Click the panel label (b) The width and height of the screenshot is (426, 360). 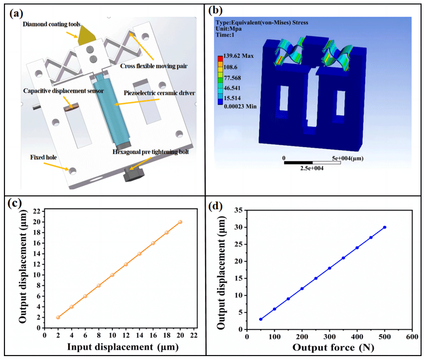click(217, 11)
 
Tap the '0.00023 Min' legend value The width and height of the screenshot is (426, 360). click(242, 106)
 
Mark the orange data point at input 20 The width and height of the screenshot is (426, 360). click(180, 222)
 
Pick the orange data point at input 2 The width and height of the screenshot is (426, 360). click(58, 317)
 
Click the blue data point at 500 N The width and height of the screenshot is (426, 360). click(384, 227)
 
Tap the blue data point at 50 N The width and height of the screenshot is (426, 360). click(261, 319)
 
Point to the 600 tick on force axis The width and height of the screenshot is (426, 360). click(412, 337)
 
